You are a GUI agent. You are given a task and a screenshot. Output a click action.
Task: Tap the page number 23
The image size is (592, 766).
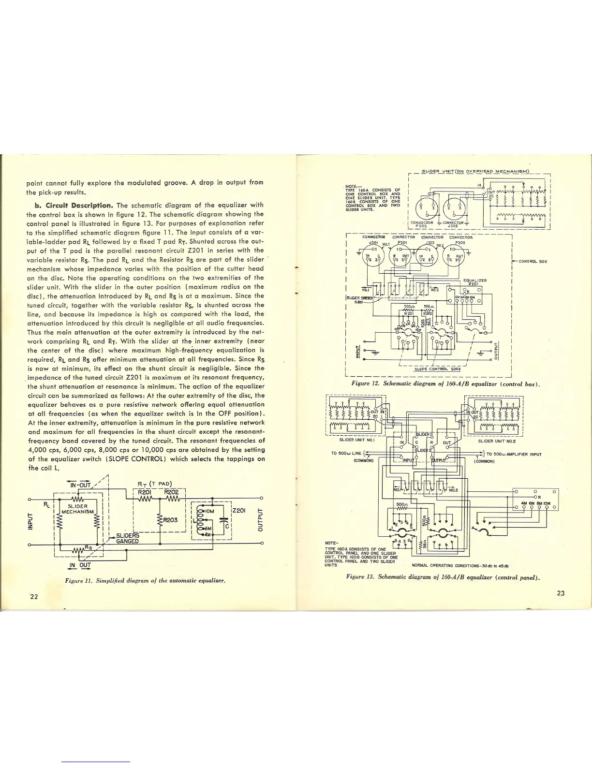[x=561, y=593]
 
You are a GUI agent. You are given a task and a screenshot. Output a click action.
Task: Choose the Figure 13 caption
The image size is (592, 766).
[x=443, y=577]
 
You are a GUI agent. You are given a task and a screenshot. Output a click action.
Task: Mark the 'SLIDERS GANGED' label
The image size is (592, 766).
[x=127, y=538]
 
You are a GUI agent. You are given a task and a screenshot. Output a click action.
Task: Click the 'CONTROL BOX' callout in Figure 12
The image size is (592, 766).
[x=533, y=261]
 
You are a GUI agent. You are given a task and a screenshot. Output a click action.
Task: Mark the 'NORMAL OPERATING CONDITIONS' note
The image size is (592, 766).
[x=459, y=565]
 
